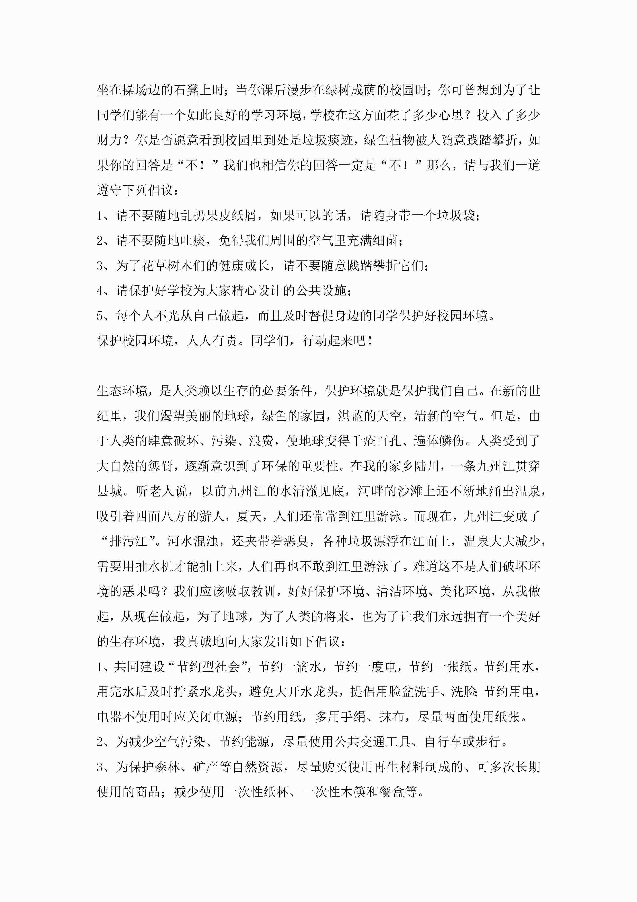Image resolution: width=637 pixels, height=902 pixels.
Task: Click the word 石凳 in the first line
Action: point(186,90)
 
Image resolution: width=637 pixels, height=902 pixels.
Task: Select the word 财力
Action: point(109,140)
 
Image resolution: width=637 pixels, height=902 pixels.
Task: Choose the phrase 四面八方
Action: point(161,516)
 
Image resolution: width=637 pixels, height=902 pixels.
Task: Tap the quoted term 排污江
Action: point(129,541)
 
